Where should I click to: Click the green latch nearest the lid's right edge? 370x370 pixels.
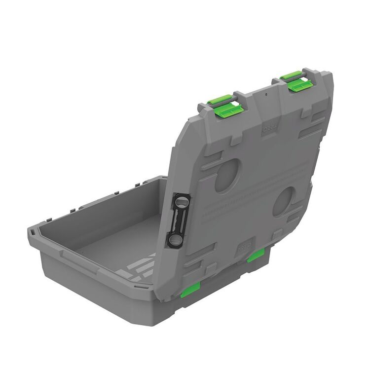[x=299, y=83]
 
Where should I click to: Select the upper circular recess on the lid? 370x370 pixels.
[x=227, y=175]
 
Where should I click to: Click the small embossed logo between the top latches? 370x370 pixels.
[x=269, y=126]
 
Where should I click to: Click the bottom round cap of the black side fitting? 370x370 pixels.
[x=175, y=240]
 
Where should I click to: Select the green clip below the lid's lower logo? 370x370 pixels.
[x=256, y=255]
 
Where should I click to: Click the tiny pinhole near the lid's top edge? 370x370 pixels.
[x=265, y=93]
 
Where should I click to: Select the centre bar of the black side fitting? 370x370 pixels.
[x=177, y=221]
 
